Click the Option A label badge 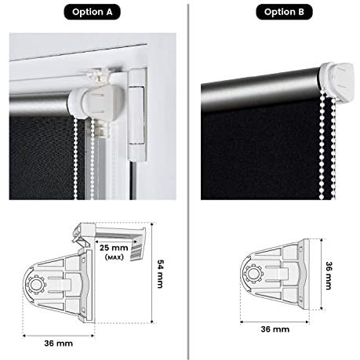point(92,12)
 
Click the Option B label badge point(284,12)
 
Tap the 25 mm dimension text point(114,248)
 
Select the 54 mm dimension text point(160,274)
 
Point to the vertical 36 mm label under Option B point(329,275)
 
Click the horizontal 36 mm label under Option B point(275,329)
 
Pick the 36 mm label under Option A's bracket point(58,344)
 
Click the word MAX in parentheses point(115,257)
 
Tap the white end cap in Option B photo point(336,82)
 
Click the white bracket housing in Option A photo point(96,100)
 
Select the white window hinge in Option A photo point(137,115)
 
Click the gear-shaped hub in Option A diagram point(37,285)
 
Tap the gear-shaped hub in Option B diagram point(253,274)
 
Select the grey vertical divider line point(188,182)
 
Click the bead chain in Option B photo point(327,147)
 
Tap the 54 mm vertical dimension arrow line point(152,273)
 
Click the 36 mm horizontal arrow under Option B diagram point(275,322)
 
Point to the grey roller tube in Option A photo point(39,104)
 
